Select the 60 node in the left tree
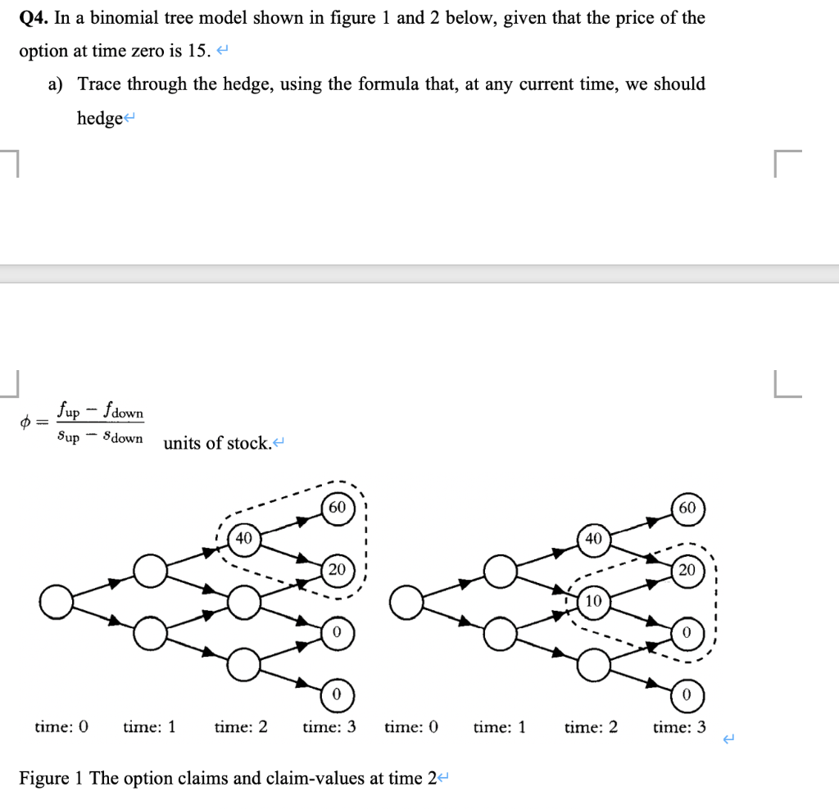(337, 507)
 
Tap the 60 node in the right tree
(687, 508)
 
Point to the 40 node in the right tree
(594, 538)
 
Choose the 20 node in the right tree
(687, 570)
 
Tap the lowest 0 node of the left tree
(337, 694)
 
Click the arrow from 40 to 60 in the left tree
(291, 522)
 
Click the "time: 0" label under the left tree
(61, 725)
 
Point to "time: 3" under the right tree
(679, 725)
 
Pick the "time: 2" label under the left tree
(241, 725)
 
